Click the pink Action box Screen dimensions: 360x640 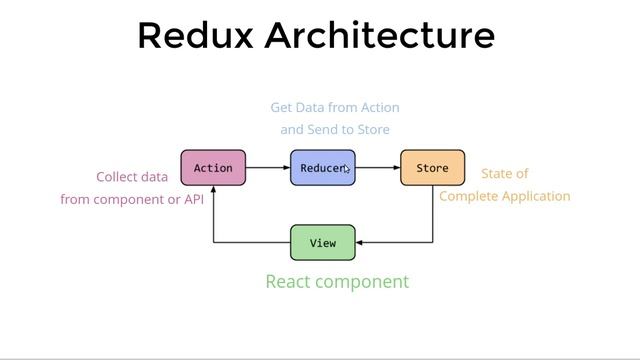[213, 168]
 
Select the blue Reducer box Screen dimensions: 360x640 [322, 168]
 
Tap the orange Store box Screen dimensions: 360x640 [432, 168]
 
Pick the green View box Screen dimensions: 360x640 [322, 243]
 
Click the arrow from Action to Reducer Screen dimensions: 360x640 [267, 168]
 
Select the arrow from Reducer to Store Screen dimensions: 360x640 [377, 168]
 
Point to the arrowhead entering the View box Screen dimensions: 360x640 [361, 243]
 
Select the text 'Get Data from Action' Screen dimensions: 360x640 [335, 107]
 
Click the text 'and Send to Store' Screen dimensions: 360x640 [335, 129]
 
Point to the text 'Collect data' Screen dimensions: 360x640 [132, 177]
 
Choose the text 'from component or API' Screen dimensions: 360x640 [132, 199]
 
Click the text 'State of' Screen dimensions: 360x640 [504, 174]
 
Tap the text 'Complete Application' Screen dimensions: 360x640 [504, 196]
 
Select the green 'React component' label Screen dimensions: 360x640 [337, 282]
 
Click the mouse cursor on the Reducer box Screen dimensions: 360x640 [347, 169]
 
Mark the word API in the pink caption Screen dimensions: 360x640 [193, 199]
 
